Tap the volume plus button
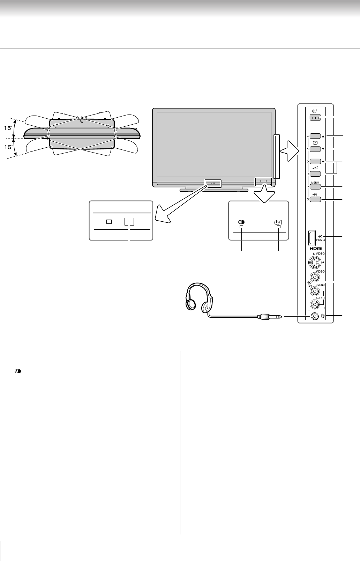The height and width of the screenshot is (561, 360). pos(315,161)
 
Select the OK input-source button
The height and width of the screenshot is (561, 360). pos(315,200)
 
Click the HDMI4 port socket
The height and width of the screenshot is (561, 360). pos(312,237)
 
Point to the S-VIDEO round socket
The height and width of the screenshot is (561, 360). pos(315,261)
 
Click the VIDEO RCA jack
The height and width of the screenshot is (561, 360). pos(315,278)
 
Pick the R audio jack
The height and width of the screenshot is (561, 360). pos(315,304)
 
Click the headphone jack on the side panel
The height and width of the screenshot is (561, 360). pos(315,316)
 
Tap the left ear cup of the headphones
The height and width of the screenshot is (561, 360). pos(191,303)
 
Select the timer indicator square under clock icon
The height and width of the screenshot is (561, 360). pos(241,227)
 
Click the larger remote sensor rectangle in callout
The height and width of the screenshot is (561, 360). pos(129,222)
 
